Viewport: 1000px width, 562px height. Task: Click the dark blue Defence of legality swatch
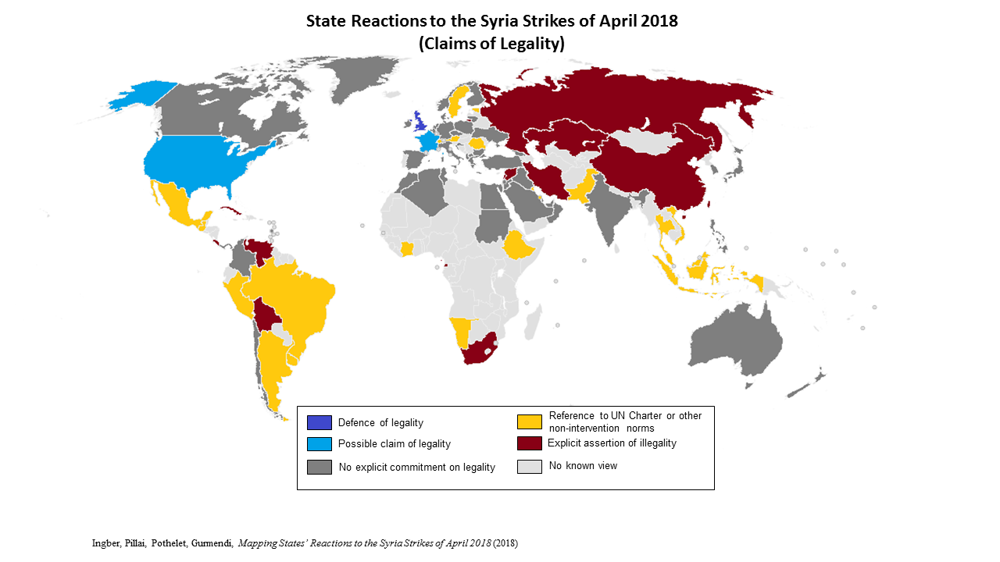[320, 422]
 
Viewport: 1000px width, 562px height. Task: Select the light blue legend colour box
[320, 444]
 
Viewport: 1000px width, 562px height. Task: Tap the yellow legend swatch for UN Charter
[530, 421]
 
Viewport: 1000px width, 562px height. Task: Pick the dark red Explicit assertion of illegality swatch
[530, 443]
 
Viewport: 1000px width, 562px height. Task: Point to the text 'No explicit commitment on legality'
[416, 468]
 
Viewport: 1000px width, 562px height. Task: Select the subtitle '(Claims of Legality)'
[491, 44]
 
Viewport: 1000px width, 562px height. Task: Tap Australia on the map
[734, 340]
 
